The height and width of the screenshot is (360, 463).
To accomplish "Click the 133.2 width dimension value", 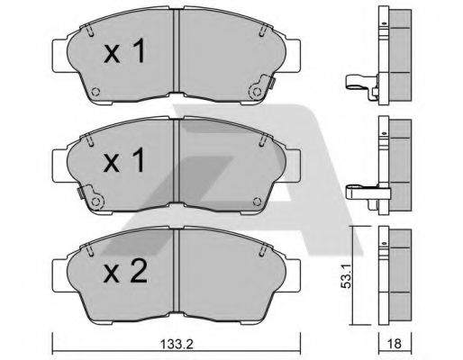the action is point(177,344).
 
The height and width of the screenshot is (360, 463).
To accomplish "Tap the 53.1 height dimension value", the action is point(346,276).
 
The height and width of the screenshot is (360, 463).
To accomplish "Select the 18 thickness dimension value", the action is point(395,344).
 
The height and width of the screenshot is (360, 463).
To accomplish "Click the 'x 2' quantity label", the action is point(125,272).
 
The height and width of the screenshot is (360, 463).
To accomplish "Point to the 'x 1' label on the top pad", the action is point(124,51).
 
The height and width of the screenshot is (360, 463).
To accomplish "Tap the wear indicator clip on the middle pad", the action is point(90,197).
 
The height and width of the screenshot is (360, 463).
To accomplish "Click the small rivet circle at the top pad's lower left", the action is point(95,92).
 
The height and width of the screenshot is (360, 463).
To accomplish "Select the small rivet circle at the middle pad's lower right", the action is point(257,202).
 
